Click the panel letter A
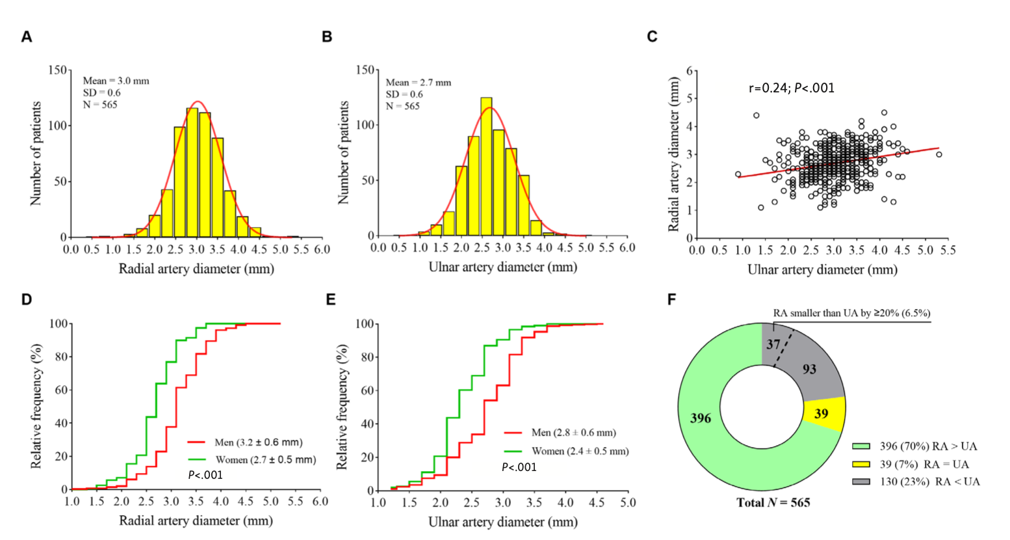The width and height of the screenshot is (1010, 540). point(27,37)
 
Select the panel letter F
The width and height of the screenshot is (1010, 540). point(672,299)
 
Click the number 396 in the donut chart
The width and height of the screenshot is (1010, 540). point(701,418)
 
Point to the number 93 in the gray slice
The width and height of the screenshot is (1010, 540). point(809,370)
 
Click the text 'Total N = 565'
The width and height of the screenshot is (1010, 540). point(773,502)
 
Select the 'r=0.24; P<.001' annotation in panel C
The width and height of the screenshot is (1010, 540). point(792,88)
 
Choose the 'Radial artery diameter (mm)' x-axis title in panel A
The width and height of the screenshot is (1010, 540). point(196,269)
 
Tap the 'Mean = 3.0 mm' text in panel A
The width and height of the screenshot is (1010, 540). point(116,81)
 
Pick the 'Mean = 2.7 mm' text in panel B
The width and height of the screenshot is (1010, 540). point(418,83)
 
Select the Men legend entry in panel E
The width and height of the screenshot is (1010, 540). point(560,433)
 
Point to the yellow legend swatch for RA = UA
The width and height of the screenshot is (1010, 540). point(861,465)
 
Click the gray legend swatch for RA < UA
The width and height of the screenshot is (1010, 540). point(861,482)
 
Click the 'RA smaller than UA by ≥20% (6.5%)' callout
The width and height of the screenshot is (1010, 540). point(851,314)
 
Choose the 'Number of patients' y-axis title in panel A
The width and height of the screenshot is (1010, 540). point(36,154)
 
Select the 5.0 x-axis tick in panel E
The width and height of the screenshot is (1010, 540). point(627,503)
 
